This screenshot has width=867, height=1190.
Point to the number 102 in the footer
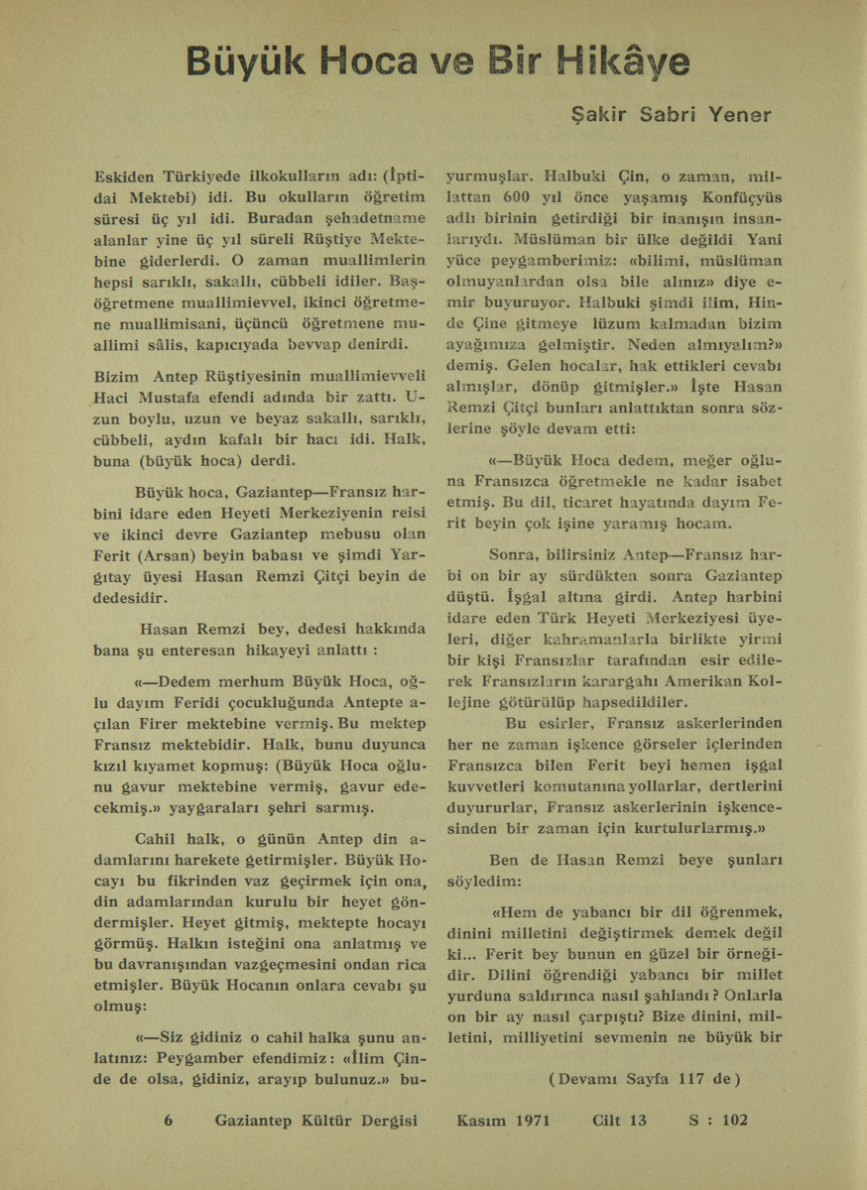736,1121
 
